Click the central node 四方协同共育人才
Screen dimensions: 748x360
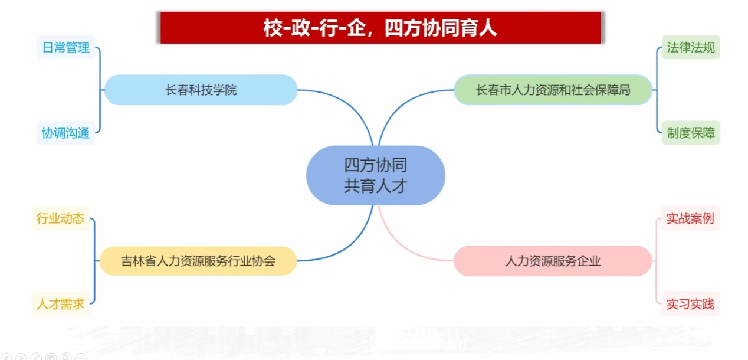tap(375, 175)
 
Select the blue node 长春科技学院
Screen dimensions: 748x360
tap(201, 90)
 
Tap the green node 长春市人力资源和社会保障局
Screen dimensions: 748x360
tap(553, 90)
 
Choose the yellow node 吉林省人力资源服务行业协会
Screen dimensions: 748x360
tap(198, 261)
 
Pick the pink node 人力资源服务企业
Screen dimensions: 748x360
tap(553, 261)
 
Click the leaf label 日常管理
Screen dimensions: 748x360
tap(66, 47)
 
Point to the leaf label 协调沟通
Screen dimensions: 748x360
tap(66, 133)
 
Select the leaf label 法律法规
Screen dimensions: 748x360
tap(691, 47)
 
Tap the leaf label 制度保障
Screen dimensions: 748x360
tap(691, 133)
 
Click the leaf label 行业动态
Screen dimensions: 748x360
tap(60, 218)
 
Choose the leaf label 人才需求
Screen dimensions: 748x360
tap(60, 304)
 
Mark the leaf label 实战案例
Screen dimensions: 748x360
tap(690, 218)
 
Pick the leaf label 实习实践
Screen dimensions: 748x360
tap(690, 304)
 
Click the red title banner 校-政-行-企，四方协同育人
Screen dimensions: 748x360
tap(380, 28)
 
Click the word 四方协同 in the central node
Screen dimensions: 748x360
tap(375, 165)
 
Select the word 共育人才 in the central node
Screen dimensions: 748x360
tap(375, 186)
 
